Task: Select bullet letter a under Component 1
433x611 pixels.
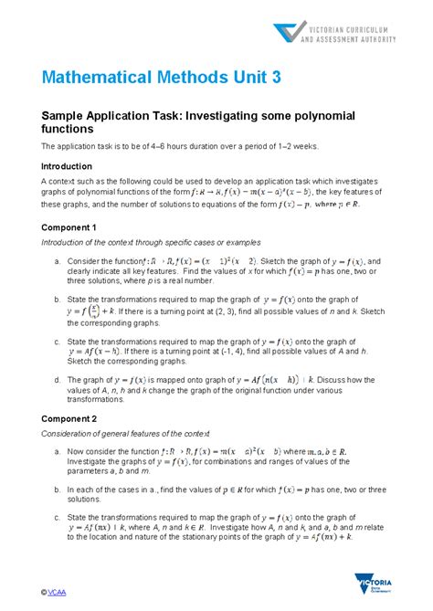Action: click(x=58, y=261)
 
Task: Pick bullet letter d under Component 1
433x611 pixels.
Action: click(x=58, y=380)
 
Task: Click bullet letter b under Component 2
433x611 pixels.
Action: click(x=58, y=490)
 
